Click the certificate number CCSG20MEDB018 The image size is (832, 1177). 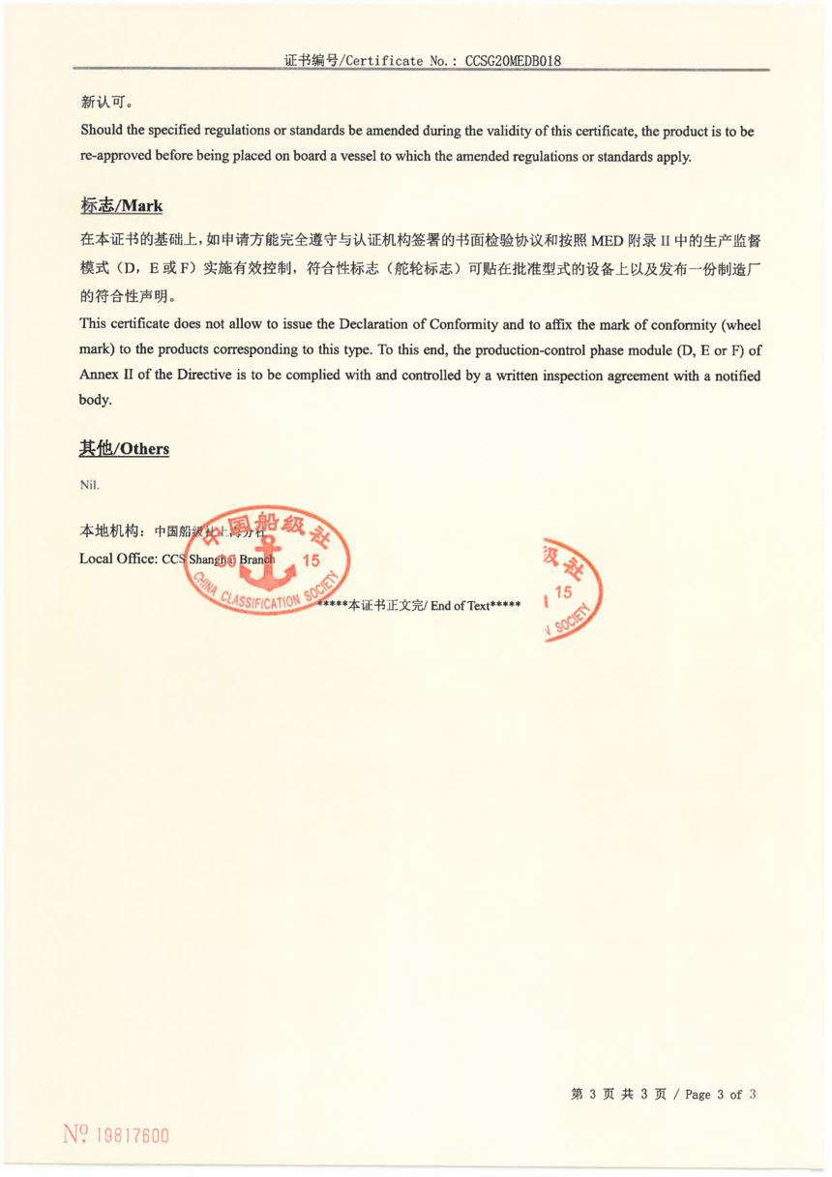tap(514, 60)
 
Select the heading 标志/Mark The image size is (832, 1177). tap(121, 206)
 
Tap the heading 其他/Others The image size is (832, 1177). tap(124, 448)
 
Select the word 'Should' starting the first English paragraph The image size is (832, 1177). tap(101, 131)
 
